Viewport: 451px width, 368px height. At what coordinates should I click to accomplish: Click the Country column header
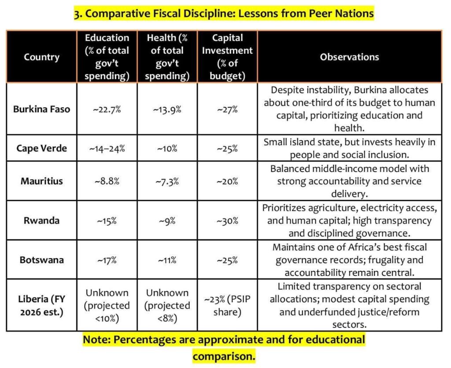tap(41, 57)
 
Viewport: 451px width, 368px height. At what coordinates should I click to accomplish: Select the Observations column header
tap(349, 57)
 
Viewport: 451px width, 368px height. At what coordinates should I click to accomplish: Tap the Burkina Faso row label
tap(41, 109)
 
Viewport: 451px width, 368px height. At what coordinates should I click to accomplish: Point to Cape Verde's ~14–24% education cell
tap(107, 148)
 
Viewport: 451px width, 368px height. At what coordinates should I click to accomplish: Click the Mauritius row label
tap(41, 181)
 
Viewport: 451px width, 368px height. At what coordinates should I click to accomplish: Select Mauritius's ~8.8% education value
tap(107, 181)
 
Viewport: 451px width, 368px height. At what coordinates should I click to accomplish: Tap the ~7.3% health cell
tap(167, 181)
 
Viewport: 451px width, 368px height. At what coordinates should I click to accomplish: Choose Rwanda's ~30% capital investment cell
tap(227, 221)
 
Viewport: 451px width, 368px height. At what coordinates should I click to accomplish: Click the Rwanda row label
tap(41, 221)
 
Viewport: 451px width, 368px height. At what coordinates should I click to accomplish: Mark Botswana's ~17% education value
tap(107, 260)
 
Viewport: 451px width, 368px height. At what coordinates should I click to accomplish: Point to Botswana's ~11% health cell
tap(167, 260)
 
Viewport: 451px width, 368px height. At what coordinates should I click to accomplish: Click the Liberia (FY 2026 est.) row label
tap(41, 305)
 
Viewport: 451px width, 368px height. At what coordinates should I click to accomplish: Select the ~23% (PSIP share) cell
tap(227, 305)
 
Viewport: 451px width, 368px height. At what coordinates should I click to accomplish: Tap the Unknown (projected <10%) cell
tap(107, 305)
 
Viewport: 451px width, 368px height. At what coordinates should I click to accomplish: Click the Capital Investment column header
tap(227, 57)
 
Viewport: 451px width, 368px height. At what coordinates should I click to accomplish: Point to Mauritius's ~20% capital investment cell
tap(227, 181)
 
